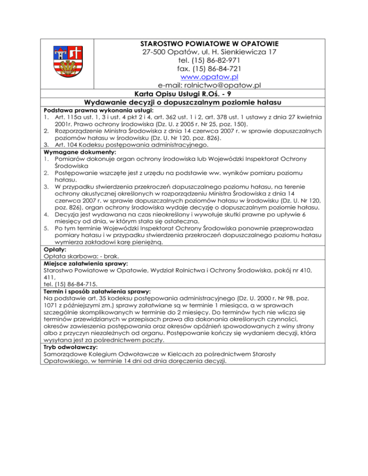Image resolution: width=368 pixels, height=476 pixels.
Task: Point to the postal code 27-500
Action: pyautogui.click(x=157, y=52)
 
